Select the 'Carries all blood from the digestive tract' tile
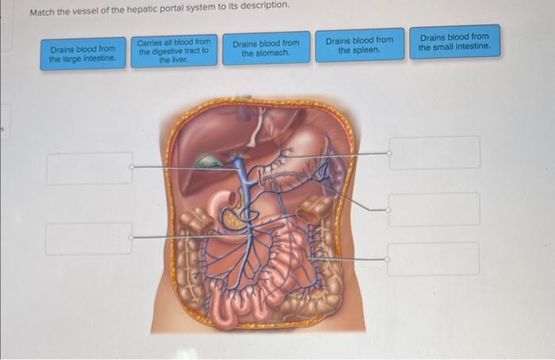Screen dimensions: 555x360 [x=174, y=50]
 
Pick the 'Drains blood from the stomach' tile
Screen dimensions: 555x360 [x=266, y=48]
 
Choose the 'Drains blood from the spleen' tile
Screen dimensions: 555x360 [x=359, y=45]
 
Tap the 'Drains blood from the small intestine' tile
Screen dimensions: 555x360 [x=454, y=42]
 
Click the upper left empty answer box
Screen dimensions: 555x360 [x=89, y=168]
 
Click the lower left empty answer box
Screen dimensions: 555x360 [x=88, y=239]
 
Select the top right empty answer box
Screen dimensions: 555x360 [x=434, y=152]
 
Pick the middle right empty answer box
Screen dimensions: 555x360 [x=434, y=209]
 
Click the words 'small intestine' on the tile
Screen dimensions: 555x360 [x=465, y=47]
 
